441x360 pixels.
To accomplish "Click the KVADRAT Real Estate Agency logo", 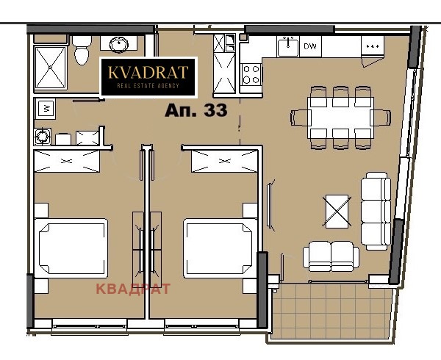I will [148, 77].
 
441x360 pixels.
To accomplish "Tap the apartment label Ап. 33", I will [195, 111].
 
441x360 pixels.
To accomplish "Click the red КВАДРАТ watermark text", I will [133, 289].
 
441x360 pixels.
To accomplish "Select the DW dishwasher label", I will [310, 47].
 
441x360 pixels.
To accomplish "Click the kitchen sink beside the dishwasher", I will [287, 47].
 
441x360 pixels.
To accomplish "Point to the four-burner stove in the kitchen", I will [251, 73].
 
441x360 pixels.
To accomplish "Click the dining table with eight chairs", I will [340, 117].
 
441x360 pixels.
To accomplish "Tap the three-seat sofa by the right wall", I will [376, 210].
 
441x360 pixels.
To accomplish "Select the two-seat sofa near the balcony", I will [331, 256].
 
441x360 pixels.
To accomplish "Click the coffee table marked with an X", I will [337, 210].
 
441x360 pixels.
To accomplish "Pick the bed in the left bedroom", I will [72, 248].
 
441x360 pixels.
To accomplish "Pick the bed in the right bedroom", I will [218, 248].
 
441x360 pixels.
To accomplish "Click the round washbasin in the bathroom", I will [116, 43].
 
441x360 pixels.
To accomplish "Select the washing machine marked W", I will [46, 109].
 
